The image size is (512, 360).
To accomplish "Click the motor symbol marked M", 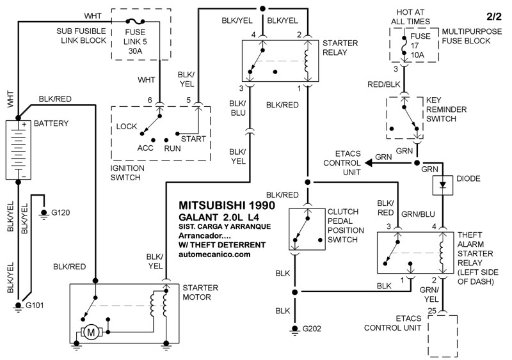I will [90, 332].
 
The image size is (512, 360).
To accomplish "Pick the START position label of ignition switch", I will [193, 138].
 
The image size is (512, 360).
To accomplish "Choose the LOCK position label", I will [127, 126].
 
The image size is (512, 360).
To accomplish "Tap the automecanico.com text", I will [214, 254].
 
